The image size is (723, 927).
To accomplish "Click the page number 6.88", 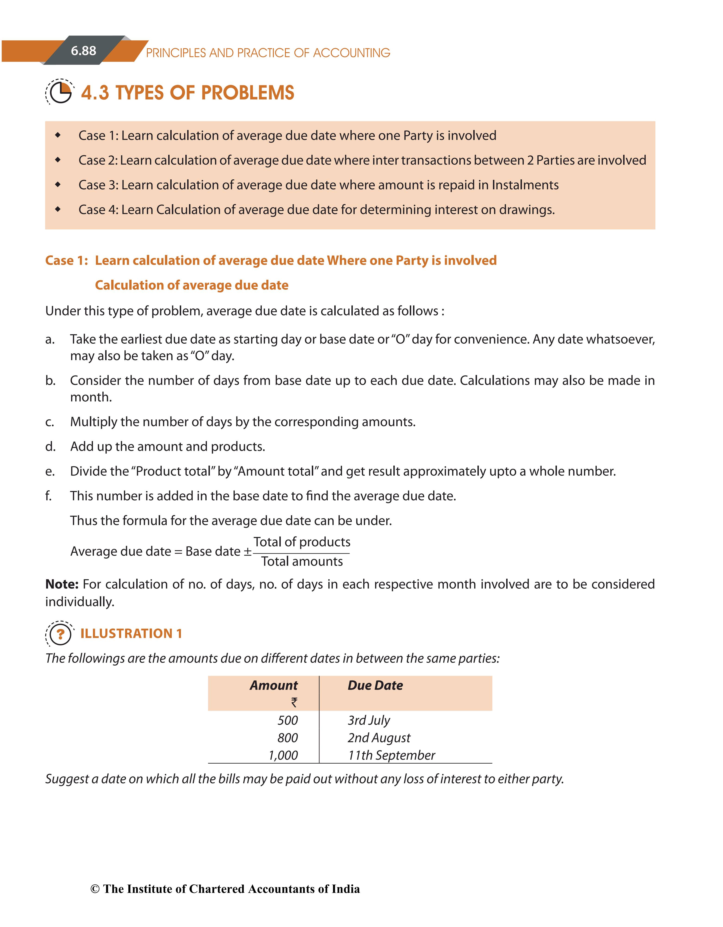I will (x=84, y=51).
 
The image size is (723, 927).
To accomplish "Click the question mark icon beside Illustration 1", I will (x=60, y=634).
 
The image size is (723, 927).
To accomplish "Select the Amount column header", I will (x=274, y=686).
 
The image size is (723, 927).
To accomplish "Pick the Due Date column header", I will (x=375, y=686).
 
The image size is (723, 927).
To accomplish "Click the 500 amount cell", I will (x=288, y=720).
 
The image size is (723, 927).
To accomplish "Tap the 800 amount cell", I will (x=288, y=738).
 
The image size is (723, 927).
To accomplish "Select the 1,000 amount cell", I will (x=283, y=755).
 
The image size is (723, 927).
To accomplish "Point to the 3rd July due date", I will (x=369, y=720).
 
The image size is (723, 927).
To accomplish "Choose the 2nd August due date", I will (x=379, y=738).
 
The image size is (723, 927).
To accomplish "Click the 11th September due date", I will (x=391, y=755).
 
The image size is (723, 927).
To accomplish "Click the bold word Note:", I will (x=62, y=584).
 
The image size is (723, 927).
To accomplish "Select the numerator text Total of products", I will (x=302, y=542).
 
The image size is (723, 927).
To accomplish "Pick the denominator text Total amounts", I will (x=302, y=562).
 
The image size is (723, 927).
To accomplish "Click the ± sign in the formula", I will (x=247, y=551).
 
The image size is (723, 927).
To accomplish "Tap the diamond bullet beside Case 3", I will (x=58, y=185).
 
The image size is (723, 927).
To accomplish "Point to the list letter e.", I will (x=50, y=472).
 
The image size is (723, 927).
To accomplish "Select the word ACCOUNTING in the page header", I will (x=351, y=53).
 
